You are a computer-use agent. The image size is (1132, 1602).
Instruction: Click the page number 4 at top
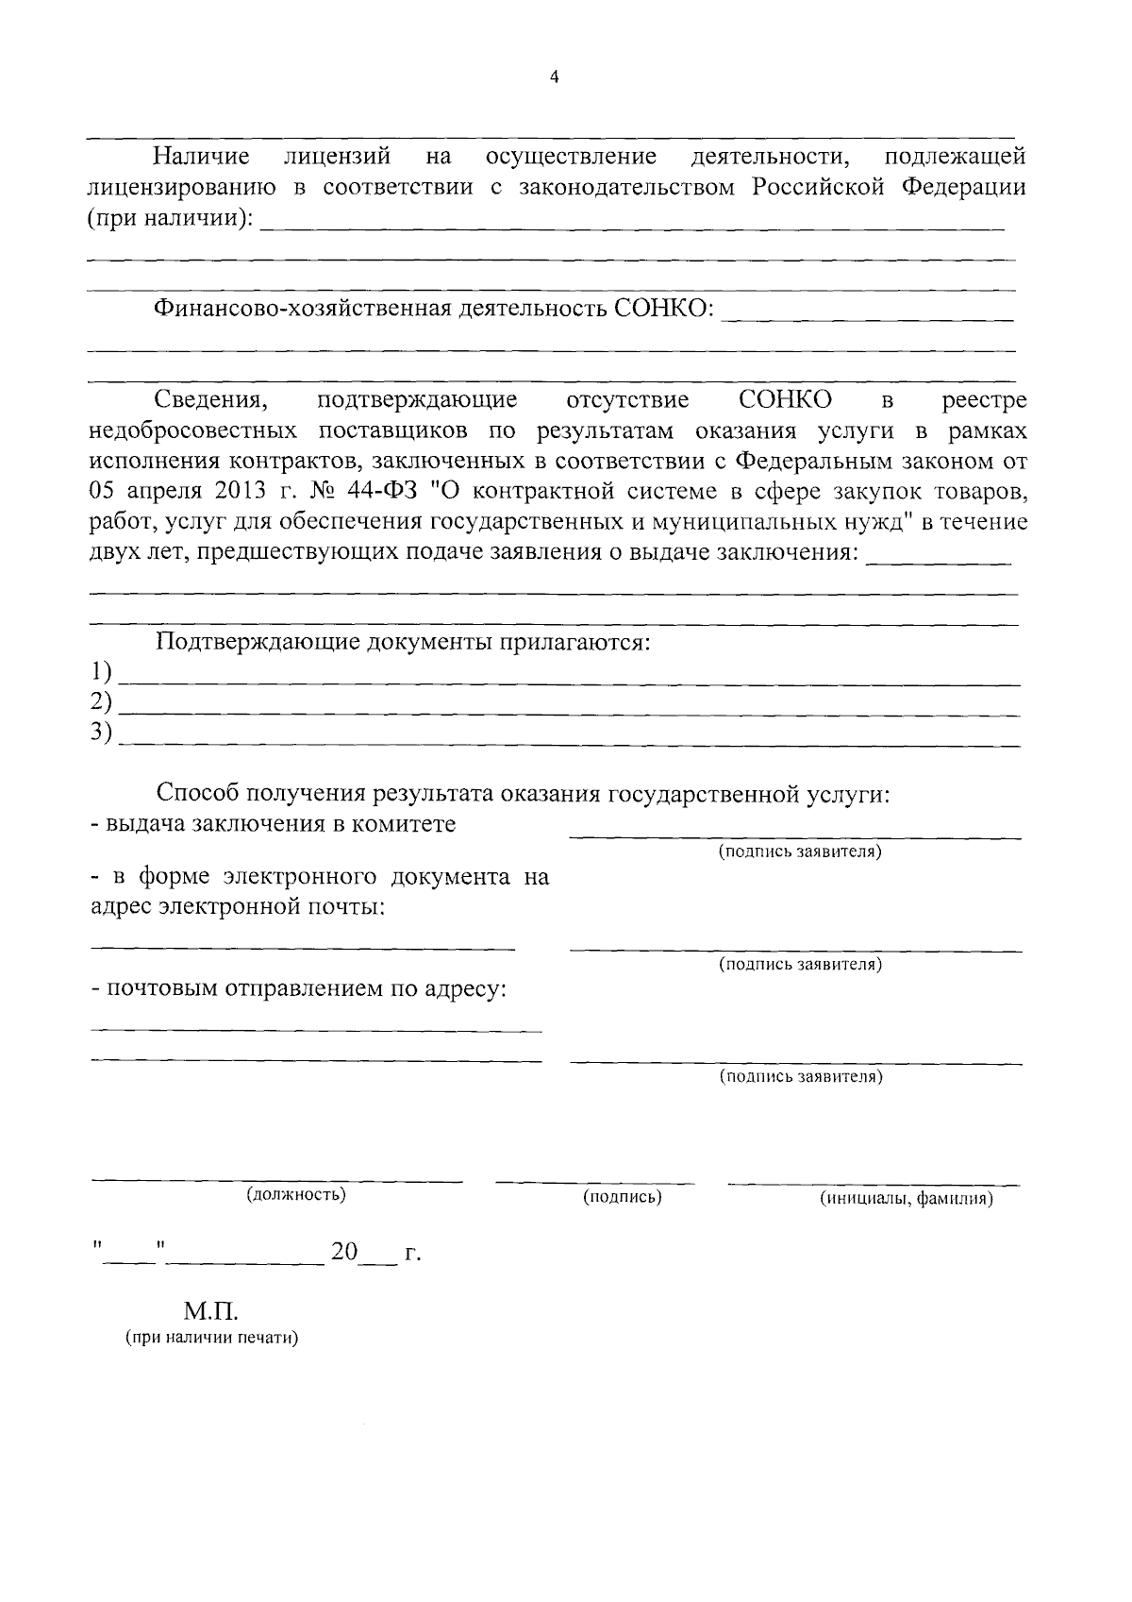coord(554,77)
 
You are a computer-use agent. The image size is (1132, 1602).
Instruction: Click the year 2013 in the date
coord(225,491)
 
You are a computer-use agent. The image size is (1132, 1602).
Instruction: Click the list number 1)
coord(101,672)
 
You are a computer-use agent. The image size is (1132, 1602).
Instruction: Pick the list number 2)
coord(101,701)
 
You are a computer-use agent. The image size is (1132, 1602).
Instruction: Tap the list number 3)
coord(101,732)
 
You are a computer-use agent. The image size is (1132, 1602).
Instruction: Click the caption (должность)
coord(295,1195)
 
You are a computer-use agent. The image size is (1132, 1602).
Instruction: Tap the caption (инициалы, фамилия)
coord(907,1199)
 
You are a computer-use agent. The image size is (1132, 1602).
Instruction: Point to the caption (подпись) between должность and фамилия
coord(622,1197)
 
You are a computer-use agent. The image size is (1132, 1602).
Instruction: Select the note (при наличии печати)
coord(211,1339)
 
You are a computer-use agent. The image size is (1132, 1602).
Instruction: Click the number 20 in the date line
coord(344,1252)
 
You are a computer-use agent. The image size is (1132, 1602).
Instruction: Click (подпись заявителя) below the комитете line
coord(800,852)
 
